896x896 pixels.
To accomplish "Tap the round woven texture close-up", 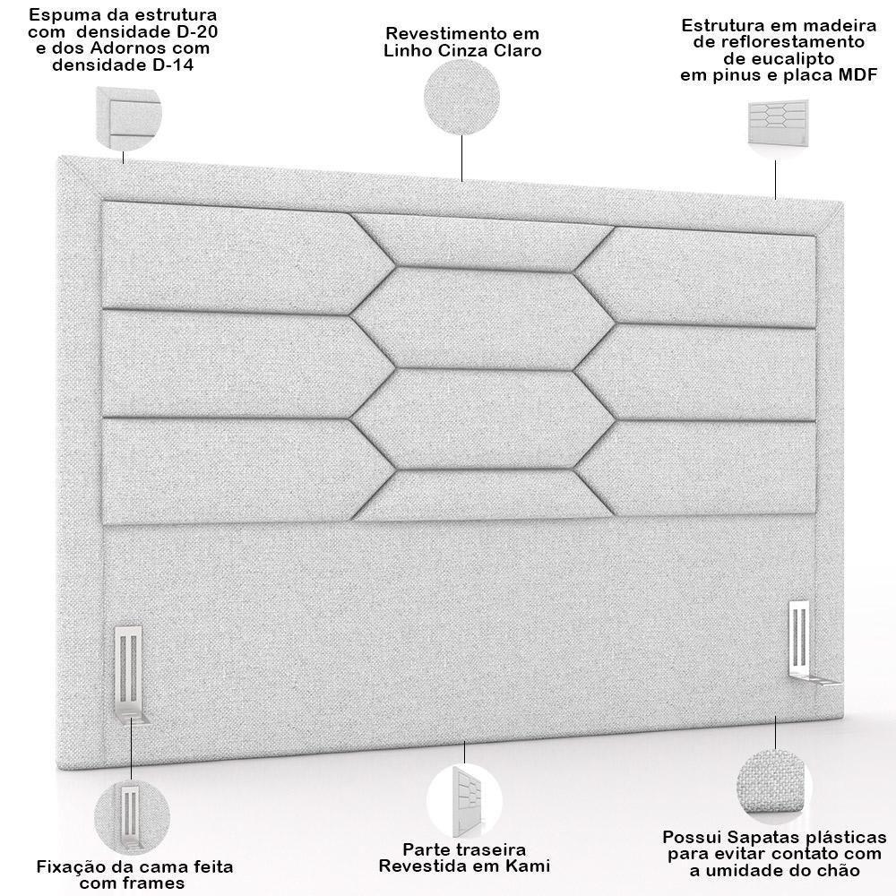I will (x=776, y=785).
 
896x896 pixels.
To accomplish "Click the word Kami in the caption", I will (x=529, y=866).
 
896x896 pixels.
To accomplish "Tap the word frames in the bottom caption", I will (x=156, y=883).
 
